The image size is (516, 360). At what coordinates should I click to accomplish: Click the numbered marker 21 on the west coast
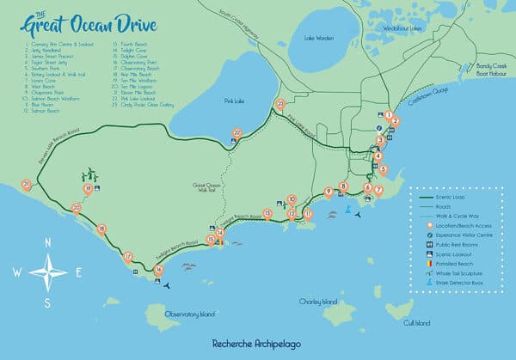[x=27, y=185]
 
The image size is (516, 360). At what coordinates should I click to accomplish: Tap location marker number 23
[x=279, y=105]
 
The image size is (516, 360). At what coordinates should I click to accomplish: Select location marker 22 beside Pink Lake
[x=237, y=133]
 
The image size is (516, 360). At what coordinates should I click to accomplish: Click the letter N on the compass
[x=47, y=243]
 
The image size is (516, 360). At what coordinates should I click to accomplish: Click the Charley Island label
[x=317, y=302]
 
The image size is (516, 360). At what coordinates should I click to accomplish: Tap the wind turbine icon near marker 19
[x=89, y=174]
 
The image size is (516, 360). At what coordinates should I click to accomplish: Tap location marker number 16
[x=158, y=270]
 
